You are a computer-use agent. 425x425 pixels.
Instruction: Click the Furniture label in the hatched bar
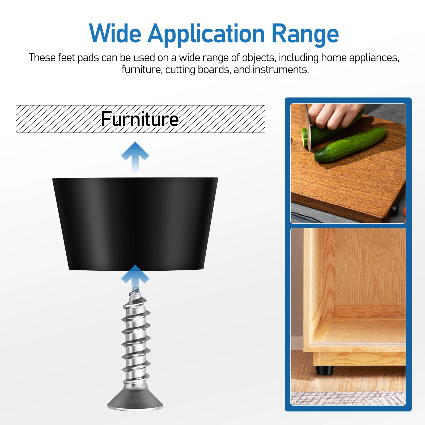click(x=140, y=119)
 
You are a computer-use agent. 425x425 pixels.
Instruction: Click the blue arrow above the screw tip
click(x=135, y=276)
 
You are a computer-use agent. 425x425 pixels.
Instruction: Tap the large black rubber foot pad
click(x=135, y=223)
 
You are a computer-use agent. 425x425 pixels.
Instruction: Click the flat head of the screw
click(x=135, y=401)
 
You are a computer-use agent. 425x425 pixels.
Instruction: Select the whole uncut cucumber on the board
click(x=351, y=145)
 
